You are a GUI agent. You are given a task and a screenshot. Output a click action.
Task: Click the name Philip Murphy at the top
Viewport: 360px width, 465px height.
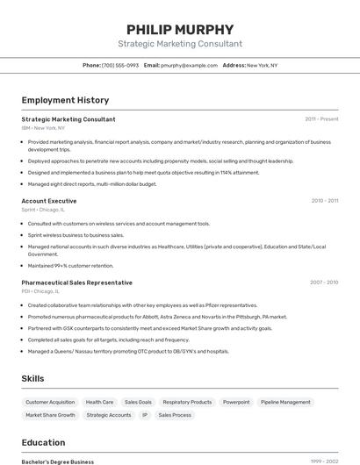[x=180, y=29]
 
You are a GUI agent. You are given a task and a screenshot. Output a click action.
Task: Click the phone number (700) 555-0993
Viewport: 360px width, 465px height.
[x=120, y=65]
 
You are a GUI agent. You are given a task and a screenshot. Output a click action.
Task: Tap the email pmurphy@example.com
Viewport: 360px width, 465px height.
[x=190, y=65]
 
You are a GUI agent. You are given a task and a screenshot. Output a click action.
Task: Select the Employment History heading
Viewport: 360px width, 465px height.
[x=65, y=100]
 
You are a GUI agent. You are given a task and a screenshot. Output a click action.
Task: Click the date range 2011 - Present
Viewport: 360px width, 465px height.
[x=321, y=119]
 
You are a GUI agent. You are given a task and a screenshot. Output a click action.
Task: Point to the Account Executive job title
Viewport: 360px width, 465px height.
[x=49, y=201]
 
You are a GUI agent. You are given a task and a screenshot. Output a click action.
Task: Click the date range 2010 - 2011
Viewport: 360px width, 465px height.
[x=324, y=201]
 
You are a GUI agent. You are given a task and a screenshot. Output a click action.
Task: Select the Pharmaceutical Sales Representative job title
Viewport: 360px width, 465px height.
[x=77, y=283]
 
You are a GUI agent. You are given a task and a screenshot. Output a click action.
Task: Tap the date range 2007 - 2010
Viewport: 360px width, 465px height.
[x=324, y=283]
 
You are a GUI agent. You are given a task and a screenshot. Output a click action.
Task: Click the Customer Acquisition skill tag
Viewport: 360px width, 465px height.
[x=50, y=402]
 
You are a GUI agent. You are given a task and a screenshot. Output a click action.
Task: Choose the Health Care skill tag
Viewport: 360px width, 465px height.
[x=99, y=402]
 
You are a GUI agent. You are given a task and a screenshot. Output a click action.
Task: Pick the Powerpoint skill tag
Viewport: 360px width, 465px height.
[x=236, y=402]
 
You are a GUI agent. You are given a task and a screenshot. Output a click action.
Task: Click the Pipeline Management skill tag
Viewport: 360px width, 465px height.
[x=285, y=402]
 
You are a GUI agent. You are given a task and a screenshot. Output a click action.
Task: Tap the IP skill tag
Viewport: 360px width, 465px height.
[x=145, y=415]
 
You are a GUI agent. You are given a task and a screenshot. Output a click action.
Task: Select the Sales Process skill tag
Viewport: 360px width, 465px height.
[x=175, y=415]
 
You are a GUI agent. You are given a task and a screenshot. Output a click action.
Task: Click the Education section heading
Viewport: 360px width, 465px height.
[x=43, y=442]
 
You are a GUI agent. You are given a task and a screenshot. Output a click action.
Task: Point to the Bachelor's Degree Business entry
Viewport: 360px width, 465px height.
[x=58, y=461]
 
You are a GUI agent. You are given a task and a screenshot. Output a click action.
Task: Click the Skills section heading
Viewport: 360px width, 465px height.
[x=33, y=378]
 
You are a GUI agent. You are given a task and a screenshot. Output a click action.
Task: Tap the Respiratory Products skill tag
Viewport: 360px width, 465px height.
[x=187, y=402]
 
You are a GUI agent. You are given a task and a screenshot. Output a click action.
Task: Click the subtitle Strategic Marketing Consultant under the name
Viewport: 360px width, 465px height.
[x=180, y=44]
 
